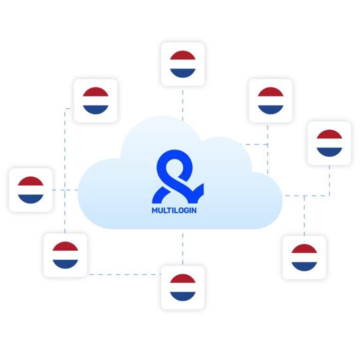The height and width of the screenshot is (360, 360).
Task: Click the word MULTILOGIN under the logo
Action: (174, 210)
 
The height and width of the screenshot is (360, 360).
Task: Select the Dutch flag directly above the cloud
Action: (183, 64)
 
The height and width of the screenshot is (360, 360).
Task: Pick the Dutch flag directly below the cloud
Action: (183, 287)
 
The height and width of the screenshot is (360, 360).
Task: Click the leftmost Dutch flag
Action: (30, 190)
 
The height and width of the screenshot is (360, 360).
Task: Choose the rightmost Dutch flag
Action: (330, 143)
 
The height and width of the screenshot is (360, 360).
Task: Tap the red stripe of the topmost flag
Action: (183, 56)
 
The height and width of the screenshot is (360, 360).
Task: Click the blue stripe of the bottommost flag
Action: (183, 296)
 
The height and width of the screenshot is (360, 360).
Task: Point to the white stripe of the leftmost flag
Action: (30, 190)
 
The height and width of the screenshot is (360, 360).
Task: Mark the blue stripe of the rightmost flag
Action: (330, 152)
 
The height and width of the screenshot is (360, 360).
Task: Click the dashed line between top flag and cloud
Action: (183, 105)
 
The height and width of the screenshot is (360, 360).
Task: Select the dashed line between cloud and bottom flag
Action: (183, 249)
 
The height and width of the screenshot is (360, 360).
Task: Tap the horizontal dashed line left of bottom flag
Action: (125, 274)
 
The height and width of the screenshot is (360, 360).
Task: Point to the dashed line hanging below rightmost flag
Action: (330, 180)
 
